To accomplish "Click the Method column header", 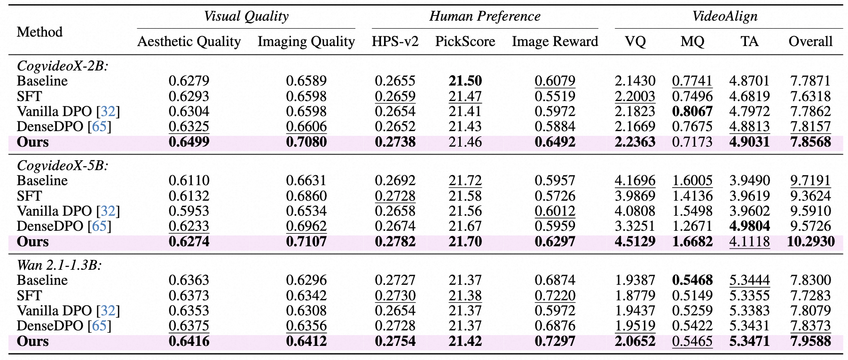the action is coord(39,32).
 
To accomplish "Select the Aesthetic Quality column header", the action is coord(189,41).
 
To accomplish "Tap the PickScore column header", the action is coord(465,41).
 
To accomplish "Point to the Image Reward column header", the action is coord(555,41).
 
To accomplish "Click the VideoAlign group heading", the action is coord(725,16).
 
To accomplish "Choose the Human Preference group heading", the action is coord(485,16).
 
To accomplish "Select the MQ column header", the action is coord(692,41).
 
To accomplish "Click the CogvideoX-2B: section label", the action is coord(63,66).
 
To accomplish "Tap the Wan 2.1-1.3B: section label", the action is coord(59,265).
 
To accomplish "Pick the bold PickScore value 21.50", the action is coord(465,81).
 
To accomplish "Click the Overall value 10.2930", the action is coord(810,242).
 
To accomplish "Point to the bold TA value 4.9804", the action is coord(749,226).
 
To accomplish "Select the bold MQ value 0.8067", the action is coord(692,111).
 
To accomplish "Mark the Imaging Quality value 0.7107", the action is coord(306,242).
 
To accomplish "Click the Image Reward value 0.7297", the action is coord(555,341).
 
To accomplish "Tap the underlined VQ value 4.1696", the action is coord(635,180).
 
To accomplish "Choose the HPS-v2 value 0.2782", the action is coord(395,242).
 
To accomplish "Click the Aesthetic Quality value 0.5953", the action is coord(189,211).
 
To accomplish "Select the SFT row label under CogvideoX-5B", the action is coord(29,196).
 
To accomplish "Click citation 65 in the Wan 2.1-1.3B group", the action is coord(99,326).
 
